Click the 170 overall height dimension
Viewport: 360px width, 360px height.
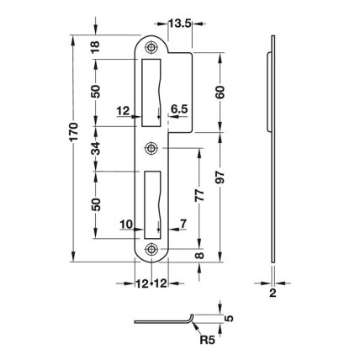click(x=73, y=132)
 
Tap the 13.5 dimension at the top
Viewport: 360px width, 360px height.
click(x=180, y=24)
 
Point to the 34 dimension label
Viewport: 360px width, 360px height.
click(x=96, y=149)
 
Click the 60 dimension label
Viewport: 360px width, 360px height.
click(x=220, y=92)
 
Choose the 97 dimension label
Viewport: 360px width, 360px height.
click(x=220, y=177)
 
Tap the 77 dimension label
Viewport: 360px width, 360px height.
click(x=199, y=195)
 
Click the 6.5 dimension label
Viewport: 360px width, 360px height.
click(x=179, y=109)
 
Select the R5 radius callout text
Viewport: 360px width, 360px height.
click(x=207, y=340)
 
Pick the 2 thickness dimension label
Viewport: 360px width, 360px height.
click(x=273, y=294)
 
